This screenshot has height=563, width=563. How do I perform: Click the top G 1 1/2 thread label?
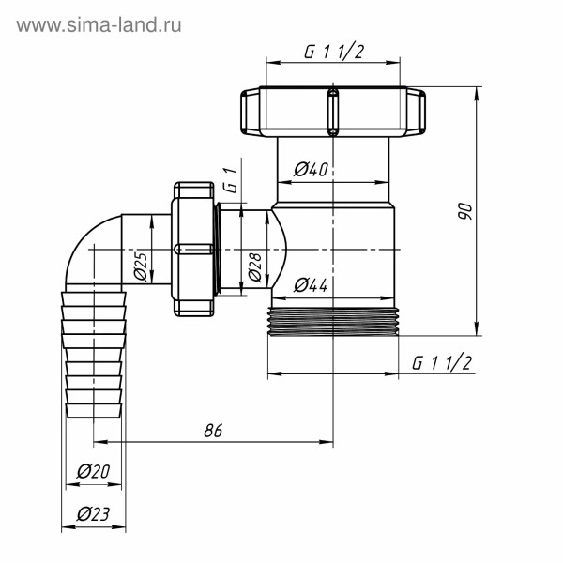tap(333, 53)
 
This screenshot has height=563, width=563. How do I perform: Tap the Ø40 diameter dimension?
tap(311, 170)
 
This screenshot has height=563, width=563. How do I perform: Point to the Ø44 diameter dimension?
tap(311, 285)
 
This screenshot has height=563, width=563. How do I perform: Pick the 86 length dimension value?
tap(213, 431)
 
